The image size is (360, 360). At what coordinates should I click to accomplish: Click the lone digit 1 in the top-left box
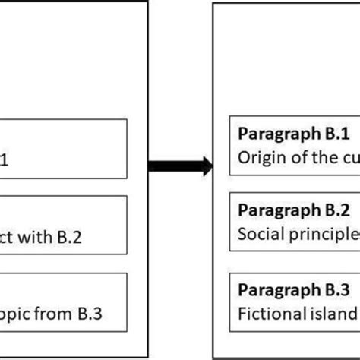[8, 159]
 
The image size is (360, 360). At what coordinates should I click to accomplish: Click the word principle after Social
[319, 232]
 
